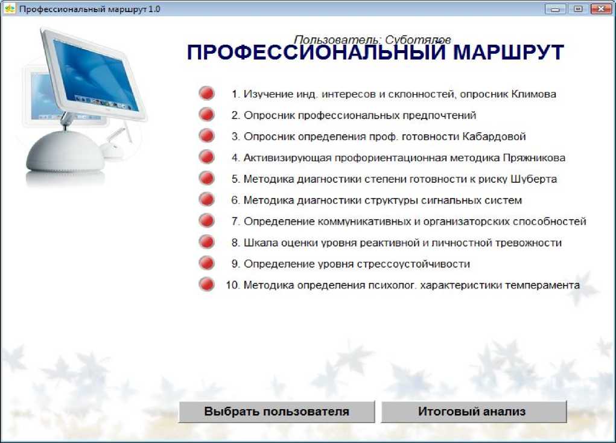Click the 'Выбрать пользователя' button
(x=277, y=412)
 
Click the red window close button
(x=601, y=8)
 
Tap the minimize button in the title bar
(x=555, y=8)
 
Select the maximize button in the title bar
(x=578, y=8)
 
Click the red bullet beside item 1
(x=206, y=94)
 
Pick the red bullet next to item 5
(x=206, y=179)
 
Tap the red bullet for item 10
(x=206, y=284)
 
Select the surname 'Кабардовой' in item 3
(x=494, y=137)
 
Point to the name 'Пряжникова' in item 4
(x=534, y=158)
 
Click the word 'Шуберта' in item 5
(x=533, y=179)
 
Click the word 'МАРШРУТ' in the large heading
(x=509, y=53)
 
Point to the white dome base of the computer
(x=65, y=153)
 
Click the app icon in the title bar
(x=10, y=8)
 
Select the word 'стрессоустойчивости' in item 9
(x=415, y=264)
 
